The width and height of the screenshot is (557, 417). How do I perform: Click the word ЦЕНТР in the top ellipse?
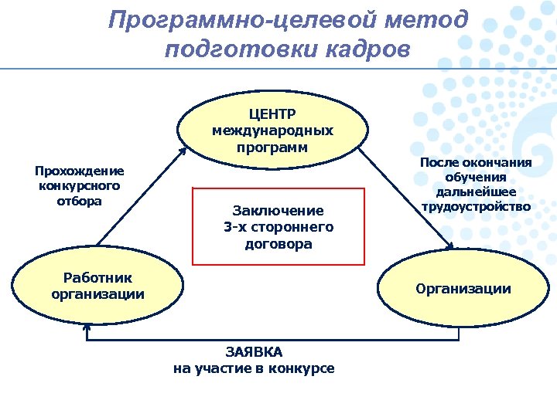tap(272, 115)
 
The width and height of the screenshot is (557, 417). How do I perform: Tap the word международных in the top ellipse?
tap(272, 131)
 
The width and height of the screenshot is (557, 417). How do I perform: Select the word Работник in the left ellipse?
tap(97, 278)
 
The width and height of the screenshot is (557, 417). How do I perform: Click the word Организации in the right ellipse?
tap(463, 289)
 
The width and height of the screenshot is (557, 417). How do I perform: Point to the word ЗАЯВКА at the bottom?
tap(254, 351)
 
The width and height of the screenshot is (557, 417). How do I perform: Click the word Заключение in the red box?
tap(278, 210)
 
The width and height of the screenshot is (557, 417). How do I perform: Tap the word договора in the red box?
tap(278, 244)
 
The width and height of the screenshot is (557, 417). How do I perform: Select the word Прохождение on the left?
tap(80, 171)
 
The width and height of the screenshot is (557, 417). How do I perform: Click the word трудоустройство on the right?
tap(476, 206)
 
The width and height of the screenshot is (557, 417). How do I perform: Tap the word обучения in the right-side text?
tap(476, 177)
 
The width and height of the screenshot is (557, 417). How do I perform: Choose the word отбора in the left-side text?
tap(80, 201)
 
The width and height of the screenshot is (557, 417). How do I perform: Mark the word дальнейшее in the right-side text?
tap(476, 192)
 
